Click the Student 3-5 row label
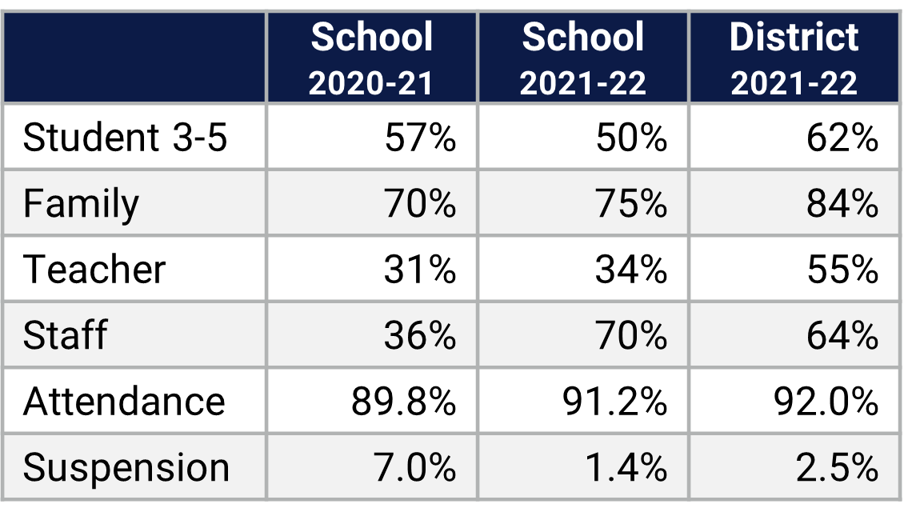tap(126, 138)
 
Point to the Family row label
tap(81, 204)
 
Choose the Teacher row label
tap(94, 270)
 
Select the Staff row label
tap(65, 335)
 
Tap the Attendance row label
tap(124, 401)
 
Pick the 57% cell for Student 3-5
tap(420, 138)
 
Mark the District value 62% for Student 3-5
tap(842, 138)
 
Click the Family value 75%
tap(631, 204)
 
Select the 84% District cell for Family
tap(842, 204)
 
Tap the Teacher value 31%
tap(420, 270)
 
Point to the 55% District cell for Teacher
tap(842, 270)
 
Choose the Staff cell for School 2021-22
tap(631, 335)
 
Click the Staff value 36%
tap(420, 335)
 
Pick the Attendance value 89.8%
tap(403, 401)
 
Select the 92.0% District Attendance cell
tap(826, 401)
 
